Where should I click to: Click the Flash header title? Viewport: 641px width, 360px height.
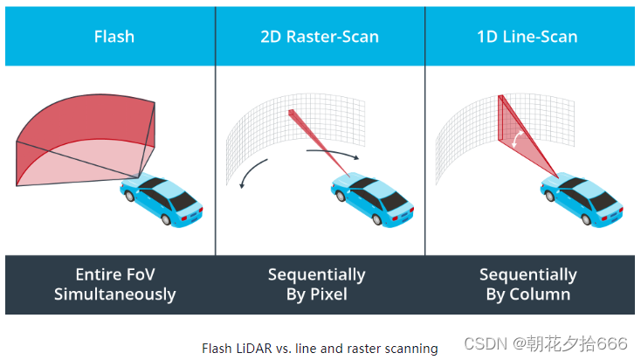pos(114,38)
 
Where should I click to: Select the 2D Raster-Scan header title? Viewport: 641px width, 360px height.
pos(320,38)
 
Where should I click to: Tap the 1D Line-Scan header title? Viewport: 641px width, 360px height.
pos(527,38)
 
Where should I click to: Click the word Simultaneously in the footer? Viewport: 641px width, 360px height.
pos(114,294)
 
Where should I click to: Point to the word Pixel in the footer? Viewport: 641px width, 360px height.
pos(327,294)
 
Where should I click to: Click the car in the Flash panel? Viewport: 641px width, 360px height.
pos(164,200)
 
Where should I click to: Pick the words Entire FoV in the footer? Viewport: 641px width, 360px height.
pos(114,274)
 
